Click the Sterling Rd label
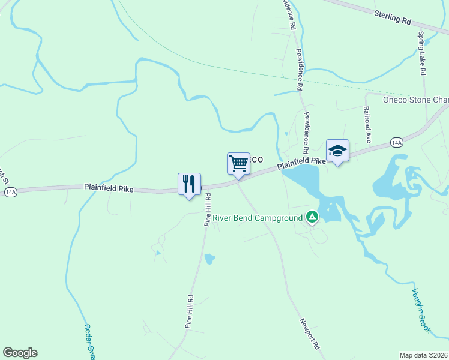[x=392, y=16]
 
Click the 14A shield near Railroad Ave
[x=396, y=142]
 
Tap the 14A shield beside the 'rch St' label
[x=10, y=191]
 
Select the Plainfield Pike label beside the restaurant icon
[x=109, y=188]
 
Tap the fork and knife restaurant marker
[x=189, y=184]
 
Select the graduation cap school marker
[x=337, y=151]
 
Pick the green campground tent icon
[x=312, y=217]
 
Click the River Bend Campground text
[x=258, y=217]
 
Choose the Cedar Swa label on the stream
[x=90, y=342]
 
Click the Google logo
[x=20, y=353]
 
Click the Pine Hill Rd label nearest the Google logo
[x=189, y=311]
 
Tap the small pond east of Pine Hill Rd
[x=209, y=259]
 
